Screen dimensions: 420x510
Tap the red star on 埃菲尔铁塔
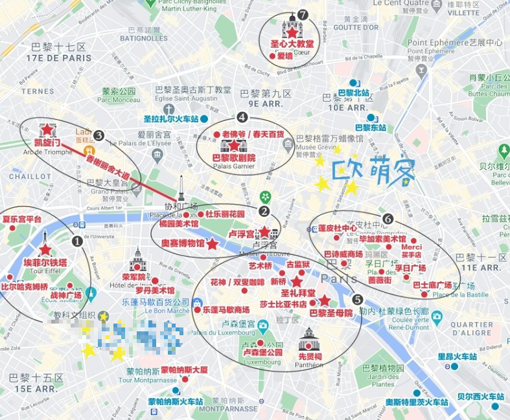click(45, 249)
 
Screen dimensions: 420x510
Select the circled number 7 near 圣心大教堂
click(303, 15)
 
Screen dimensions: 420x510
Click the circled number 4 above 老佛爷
click(242, 117)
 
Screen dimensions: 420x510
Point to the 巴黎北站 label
click(353, 93)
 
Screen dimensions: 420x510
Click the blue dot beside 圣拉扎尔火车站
click(204, 119)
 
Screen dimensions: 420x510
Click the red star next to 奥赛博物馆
click(213, 243)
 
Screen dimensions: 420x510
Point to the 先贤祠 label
click(310, 357)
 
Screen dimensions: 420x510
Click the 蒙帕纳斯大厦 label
click(185, 370)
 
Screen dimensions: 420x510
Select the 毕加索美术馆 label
click(382, 239)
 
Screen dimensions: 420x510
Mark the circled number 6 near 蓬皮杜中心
click(388, 219)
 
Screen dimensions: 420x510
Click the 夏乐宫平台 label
click(22, 219)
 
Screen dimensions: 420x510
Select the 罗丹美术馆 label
click(155, 290)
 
